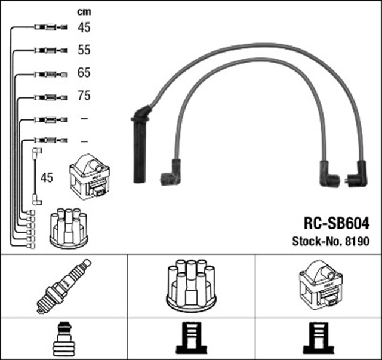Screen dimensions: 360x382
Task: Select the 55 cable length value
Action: pyautogui.click(x=84, y=50)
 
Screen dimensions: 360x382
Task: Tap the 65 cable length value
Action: pyautogui.click(x=84, y=73)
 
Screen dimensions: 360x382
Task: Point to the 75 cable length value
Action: pyautogui.click(x=84, y=96)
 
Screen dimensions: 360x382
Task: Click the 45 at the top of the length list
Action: pyautogui.click(x=84, y=27)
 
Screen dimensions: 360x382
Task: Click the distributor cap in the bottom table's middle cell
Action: pyautogui.click(x=191, y=285)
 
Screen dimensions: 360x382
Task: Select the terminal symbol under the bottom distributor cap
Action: pyautogui.click(x=191, y=339)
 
